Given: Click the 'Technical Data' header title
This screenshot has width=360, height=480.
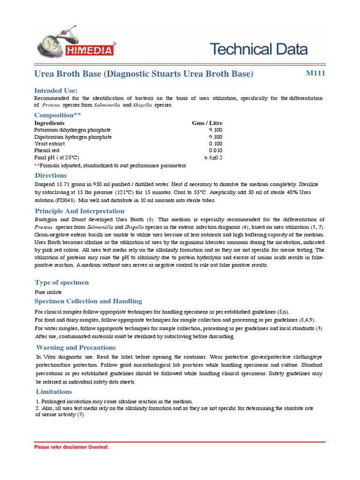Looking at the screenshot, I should (x=258, y=49).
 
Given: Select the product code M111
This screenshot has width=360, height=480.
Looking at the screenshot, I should (x=315, y=73).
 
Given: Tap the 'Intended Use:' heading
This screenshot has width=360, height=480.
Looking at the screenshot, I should (x=56, y=90).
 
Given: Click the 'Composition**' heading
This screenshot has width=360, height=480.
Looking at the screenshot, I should (x=54, y=115).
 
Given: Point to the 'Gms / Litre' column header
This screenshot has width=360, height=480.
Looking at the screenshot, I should (x=207, y=123).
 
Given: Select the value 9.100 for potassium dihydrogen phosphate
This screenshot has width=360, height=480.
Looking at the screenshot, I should (x=215, y=130).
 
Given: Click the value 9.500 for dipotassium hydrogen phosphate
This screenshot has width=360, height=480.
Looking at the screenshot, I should (x=215, y=137).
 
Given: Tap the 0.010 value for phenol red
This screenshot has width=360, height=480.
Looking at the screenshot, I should (x=215, y=151).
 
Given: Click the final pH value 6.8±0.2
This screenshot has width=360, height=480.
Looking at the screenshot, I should (x=213, y=158).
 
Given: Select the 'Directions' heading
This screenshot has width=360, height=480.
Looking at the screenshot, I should (x=51, y=175).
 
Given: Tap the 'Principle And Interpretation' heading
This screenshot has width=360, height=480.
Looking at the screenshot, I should (x=80, y=211).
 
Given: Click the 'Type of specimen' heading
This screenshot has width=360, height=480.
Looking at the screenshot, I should (x=62, y=282).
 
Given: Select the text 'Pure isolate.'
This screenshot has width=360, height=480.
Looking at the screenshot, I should (x=49, y=292).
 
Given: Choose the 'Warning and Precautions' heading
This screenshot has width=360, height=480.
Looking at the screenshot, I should (x=76, y=347).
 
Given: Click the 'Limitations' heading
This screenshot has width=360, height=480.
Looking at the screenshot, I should (x=54, y=391).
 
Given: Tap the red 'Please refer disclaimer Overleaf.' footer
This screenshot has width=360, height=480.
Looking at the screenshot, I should (x=71, y=447).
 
